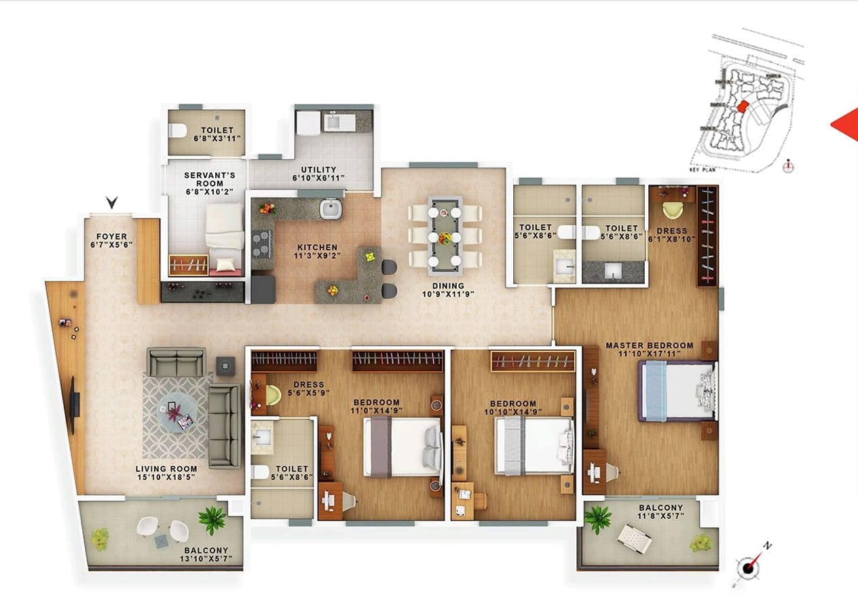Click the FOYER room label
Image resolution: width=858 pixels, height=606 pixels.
point(111,236)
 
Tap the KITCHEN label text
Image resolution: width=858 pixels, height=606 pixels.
point(318,247)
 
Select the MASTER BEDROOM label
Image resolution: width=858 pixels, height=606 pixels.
point(650,345)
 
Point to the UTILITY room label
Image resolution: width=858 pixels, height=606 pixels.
point(318,169)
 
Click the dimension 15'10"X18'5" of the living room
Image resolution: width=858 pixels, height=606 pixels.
point(166,477)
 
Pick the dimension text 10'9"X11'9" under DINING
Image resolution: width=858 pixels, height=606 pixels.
point(448,294)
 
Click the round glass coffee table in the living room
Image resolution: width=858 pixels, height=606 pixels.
point(177,414)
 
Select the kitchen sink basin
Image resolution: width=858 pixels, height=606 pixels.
point(331,209)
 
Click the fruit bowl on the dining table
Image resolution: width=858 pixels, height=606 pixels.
point(445,238)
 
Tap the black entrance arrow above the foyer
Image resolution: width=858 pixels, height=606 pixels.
point(112,202)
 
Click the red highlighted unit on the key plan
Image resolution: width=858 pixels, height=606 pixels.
point(743,107)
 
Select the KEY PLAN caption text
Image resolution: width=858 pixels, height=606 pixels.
point(702,170)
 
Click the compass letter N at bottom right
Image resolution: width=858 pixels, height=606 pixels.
point(767,546)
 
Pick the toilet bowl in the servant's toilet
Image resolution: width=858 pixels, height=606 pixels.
point(177,130)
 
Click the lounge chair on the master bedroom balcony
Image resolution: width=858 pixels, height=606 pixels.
point(634,539)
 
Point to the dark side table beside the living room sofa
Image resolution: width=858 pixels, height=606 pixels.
point(225,366)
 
